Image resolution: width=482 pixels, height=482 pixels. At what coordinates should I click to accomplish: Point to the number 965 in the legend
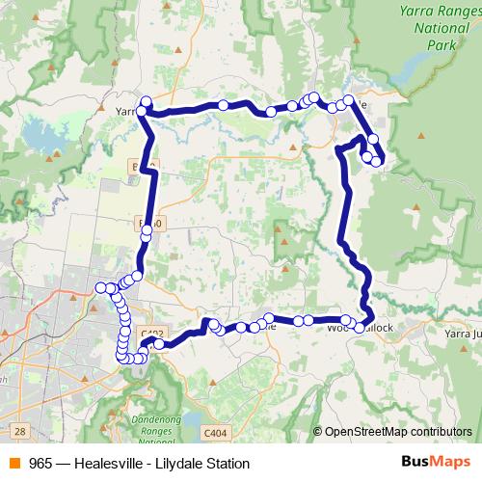tap(40, 464)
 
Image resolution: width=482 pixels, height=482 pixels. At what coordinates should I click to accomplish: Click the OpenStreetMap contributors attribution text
tap(398, 432)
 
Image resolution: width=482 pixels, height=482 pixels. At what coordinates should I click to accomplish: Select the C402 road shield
tap(151, 334)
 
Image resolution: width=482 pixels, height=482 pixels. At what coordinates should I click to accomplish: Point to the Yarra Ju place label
tap(462, 333)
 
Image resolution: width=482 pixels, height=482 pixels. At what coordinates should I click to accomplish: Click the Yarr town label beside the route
tap(126, 112)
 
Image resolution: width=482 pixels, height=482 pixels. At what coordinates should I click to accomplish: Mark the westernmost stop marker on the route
tap(99, 286)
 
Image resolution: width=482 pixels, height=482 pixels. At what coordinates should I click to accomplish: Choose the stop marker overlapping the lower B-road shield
tap(147, 231)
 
